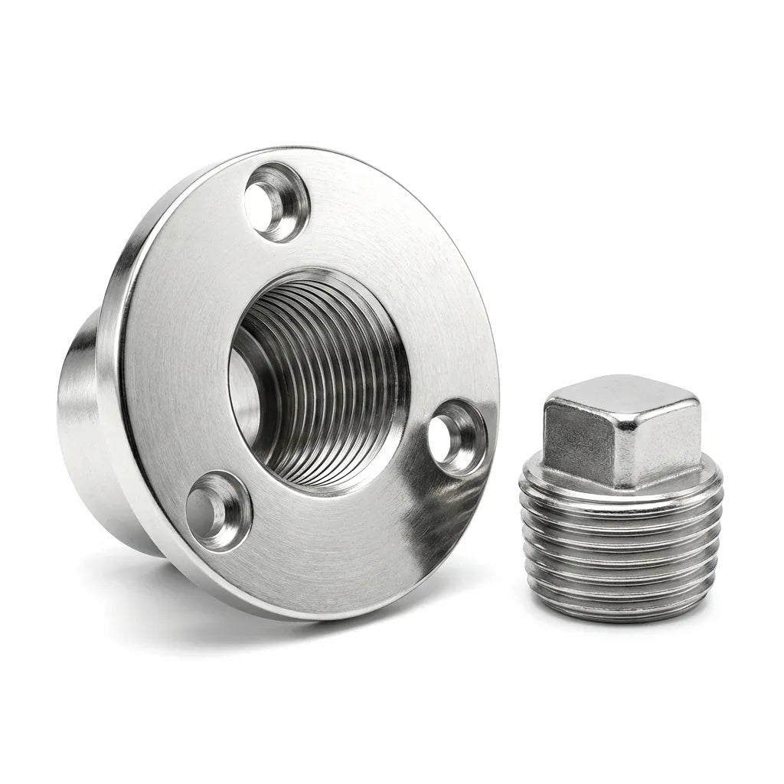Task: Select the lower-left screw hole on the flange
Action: tap(217, 508)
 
